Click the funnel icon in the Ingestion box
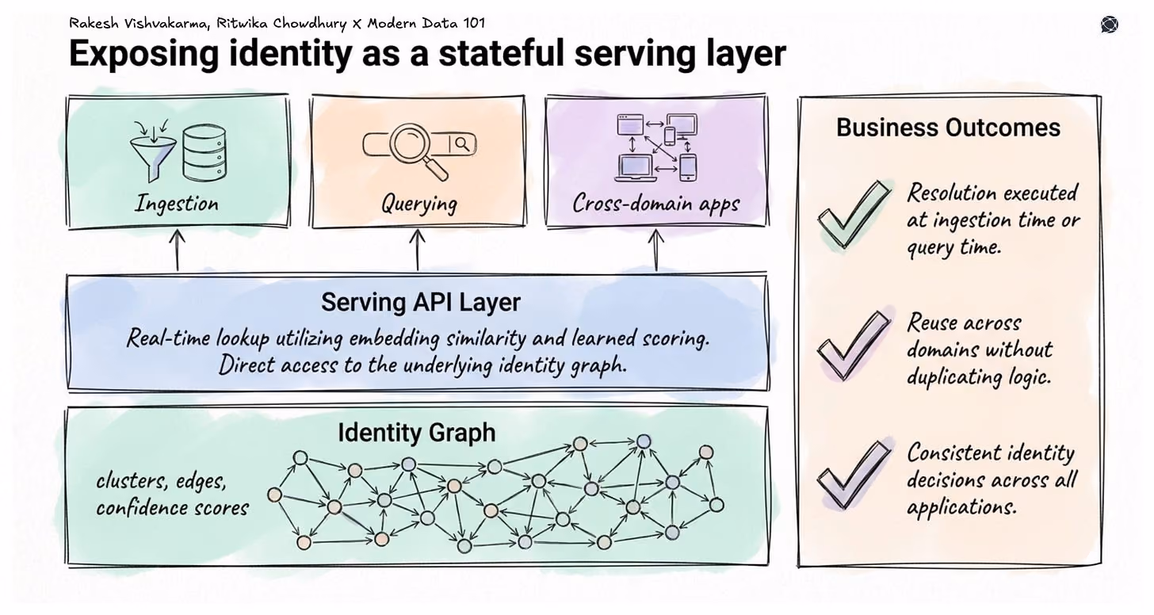pos(153,151)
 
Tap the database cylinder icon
pos(204,152)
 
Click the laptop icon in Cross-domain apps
pos(635,168)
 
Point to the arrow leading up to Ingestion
pos(178,250)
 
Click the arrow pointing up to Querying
pos(417,250)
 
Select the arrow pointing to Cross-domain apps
pos(655,250)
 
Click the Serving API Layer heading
pos(421,302)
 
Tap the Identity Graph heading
pos(416,432)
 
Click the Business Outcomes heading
pos(948,128)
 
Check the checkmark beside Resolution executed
pos(854,214)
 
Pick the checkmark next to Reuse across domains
pos(854,345)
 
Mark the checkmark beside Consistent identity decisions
pos(854,475)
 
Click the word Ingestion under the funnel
pos(177,204)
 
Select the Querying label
pos(418,204)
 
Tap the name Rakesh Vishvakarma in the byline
pos(139,23)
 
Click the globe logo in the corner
pos(1109,25)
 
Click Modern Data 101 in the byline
pos(426,23)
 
